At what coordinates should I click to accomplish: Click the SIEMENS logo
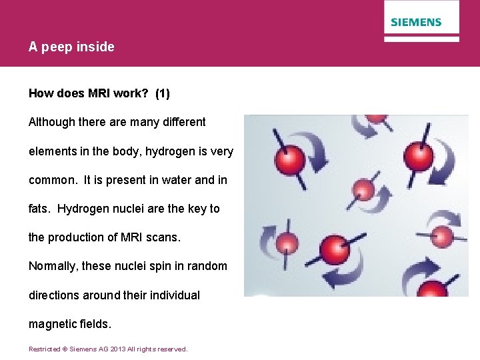click(416, 22)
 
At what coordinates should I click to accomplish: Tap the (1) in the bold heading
click(162, 94)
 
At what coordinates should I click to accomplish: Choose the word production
click(77, 237)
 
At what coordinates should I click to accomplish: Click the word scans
click(163, 237)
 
